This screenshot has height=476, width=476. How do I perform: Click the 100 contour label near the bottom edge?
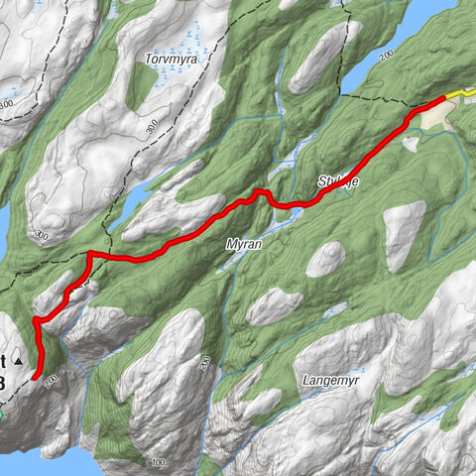tap(157, 463)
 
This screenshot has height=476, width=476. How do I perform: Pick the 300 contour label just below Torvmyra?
tap(151, 127)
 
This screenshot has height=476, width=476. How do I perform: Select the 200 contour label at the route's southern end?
tap(52, 380)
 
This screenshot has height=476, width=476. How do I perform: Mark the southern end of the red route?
tap(36, 378)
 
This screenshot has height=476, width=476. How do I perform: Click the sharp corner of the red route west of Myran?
tap(89, 254)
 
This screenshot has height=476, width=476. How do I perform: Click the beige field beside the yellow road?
tap(426, 118)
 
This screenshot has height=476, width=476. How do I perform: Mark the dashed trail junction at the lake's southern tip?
tap(343, 96)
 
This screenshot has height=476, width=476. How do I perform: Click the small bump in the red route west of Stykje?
tap(261, 190)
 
